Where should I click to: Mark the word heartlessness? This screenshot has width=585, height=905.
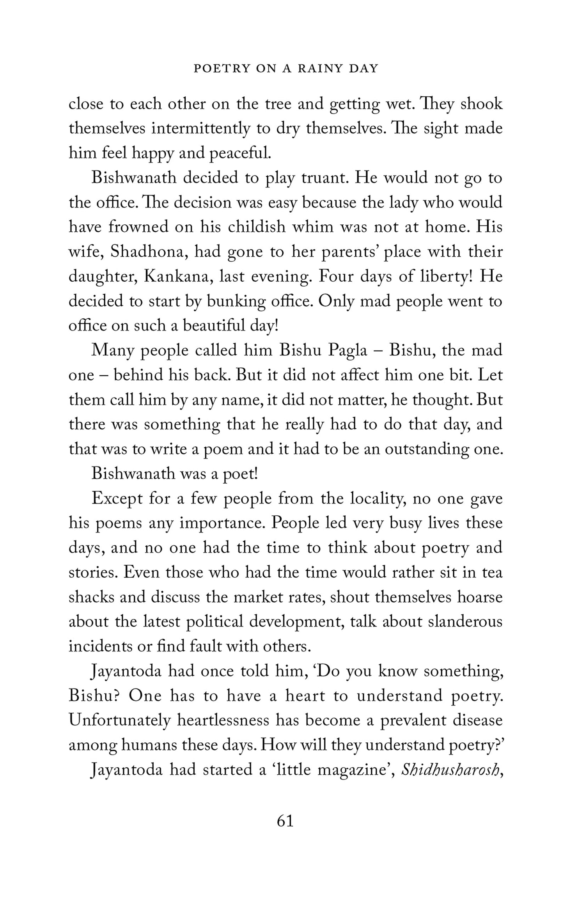click(223, 720)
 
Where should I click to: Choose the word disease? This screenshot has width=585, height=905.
click(477, 720)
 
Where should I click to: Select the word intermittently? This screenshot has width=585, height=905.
click(200, 129)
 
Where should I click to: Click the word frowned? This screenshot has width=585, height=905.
click(138, 227)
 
